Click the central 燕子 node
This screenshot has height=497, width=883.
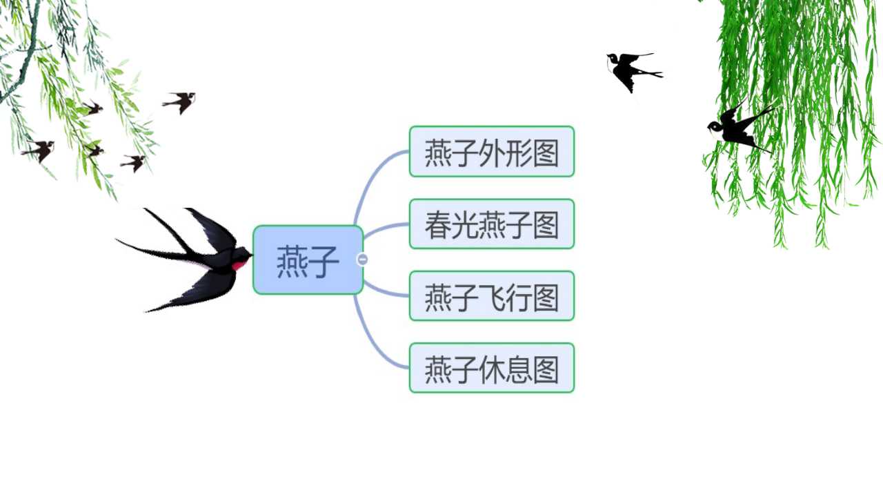308,260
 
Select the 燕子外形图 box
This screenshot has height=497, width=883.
492,151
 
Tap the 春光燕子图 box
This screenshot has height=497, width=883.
492,224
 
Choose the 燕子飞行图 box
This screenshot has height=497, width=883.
492,296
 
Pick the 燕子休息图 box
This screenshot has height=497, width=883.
492,368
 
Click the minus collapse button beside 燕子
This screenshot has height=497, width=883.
362,260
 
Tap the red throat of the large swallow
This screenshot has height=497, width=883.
239,264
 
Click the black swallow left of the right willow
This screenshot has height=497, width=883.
633,71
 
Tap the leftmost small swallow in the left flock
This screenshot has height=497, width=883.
39,150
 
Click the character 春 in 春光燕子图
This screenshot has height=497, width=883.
438,225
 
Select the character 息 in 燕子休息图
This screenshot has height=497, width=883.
519,369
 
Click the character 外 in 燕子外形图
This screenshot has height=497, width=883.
492,153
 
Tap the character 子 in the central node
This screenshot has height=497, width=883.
324,261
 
